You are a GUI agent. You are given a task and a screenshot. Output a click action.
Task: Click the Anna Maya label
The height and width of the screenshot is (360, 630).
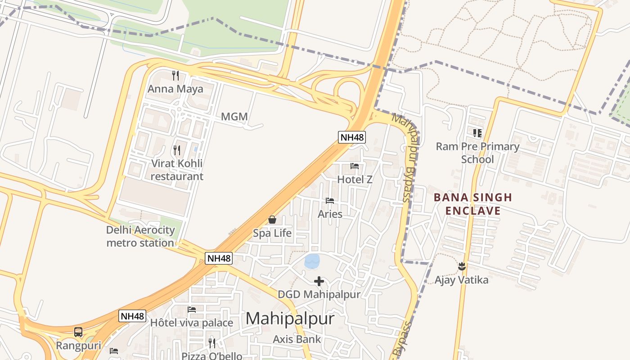tap(175, 89)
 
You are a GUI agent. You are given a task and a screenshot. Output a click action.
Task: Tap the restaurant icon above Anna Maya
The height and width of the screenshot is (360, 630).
tap(175, 76)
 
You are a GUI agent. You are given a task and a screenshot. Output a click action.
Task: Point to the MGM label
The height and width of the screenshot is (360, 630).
tap(234, 117)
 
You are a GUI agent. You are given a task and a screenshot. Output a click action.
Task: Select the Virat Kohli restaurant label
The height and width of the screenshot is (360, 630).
tap(177, 170)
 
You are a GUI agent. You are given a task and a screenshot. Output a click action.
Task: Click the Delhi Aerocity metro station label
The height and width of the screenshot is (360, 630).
tap(140, 237)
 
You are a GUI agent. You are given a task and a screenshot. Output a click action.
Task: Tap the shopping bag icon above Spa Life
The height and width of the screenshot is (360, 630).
tap(272, 220)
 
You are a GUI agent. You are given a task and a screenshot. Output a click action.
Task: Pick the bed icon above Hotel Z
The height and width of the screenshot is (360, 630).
tap(355, 166)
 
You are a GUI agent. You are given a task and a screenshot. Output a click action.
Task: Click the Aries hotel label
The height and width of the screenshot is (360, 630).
tap(330, 214)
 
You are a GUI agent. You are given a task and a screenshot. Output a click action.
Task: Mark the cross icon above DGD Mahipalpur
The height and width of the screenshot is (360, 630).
tap(319, 281)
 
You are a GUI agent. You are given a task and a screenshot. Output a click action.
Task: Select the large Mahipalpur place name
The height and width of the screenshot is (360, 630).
tap(290, 319)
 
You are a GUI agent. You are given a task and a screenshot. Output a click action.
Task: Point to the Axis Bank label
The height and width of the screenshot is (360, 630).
tap(297, 339)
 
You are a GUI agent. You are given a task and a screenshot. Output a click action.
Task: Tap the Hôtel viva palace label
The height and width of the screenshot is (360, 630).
tap(192, 323)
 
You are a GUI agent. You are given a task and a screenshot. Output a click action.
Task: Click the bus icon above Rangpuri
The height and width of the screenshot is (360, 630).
tap(78, 332)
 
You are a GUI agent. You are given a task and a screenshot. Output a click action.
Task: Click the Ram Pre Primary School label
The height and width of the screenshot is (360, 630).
tap(477, 153)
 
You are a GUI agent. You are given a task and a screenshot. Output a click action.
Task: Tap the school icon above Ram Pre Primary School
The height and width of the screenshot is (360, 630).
tap(477, 133)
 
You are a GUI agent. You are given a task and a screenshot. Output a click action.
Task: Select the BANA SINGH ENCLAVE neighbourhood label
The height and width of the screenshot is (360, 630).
tap(473, 204)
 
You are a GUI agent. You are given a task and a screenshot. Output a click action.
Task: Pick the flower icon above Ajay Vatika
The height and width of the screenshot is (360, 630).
tap(461, 266)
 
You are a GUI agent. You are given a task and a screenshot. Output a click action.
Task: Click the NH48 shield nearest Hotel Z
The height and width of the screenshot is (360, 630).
tap(352, 137)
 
